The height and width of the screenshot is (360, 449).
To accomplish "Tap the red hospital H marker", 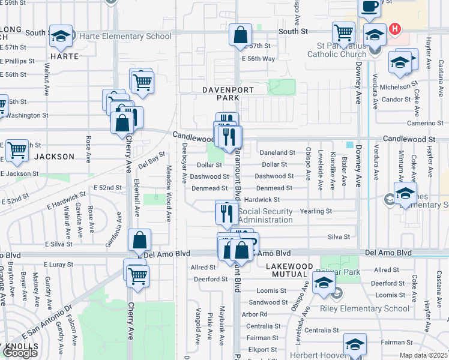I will pos(394,28).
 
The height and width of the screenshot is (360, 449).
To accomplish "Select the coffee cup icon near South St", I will pos(369,6).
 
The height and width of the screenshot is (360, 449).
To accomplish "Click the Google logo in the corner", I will pos(20,353).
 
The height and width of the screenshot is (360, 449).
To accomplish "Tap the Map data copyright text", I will pos(424,355).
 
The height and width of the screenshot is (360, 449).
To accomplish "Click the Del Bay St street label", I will pos(151,160).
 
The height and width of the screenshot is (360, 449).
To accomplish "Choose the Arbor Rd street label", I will pos(255,314).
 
